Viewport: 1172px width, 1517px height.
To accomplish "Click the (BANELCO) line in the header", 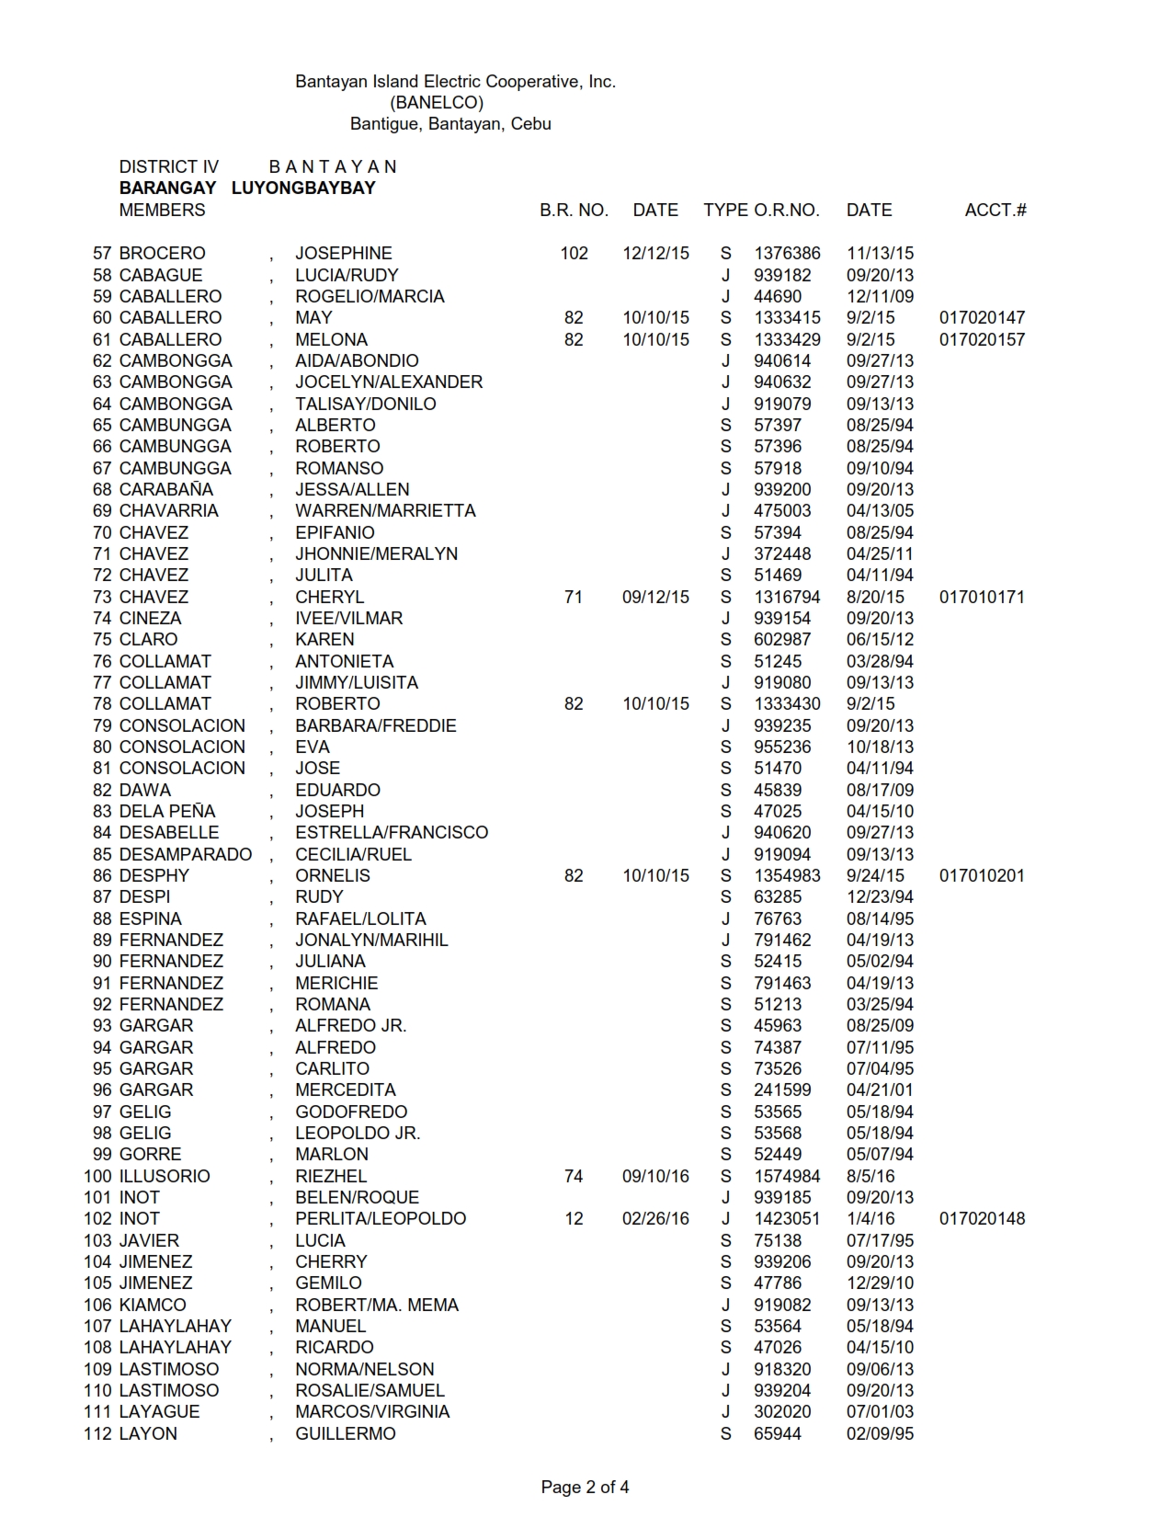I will point(437,102).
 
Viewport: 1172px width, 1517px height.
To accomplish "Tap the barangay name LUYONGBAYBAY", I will point(303,188).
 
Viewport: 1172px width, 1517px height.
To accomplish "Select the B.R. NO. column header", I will point(574,210).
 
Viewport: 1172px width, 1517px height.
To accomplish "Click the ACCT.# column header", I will point(996,210).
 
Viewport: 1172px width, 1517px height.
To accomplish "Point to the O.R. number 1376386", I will point(787,253).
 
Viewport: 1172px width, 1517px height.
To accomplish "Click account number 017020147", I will point(982,317).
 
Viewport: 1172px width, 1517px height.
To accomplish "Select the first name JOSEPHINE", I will point(343,253).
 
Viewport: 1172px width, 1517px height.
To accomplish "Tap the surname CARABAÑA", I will point(165,489).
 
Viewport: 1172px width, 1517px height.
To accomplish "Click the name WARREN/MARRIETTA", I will point(385,510).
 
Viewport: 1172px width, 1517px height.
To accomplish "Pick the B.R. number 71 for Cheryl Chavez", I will point(574,597).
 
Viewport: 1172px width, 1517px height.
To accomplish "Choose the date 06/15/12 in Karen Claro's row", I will point(880,639).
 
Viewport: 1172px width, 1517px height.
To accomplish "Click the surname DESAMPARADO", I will point(185,854).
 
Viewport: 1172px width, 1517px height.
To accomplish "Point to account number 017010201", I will point(982,875).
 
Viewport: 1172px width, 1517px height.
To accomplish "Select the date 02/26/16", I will point(655,1218).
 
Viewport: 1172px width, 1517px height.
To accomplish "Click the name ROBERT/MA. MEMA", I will point(376,1305).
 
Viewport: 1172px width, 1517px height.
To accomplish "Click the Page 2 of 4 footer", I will point(585,1487).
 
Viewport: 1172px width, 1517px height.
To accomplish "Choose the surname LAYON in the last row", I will point(148,1433).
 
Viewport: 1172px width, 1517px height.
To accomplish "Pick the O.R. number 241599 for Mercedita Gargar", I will point(782,1089).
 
